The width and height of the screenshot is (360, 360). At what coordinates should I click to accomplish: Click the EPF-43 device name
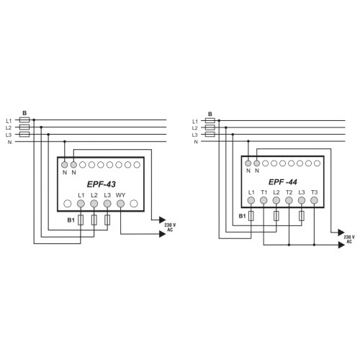(101, 184)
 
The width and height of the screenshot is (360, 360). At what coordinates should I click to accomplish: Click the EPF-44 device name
(283, 182)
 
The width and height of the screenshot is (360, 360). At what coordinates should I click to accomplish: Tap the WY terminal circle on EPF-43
(120, 204)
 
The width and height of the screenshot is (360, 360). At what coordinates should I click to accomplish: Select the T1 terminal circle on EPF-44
(264, 200)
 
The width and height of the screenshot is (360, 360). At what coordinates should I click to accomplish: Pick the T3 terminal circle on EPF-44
(314, 200)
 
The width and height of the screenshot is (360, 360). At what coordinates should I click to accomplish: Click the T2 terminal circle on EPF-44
(289, 200)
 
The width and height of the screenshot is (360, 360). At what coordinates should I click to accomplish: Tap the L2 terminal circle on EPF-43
(94, 204)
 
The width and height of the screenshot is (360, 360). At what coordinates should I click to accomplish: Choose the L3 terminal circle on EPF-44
(302, 200)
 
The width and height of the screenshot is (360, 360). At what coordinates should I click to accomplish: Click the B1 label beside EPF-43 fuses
(71, 220)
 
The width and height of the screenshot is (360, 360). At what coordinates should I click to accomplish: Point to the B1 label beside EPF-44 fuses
(242, 216)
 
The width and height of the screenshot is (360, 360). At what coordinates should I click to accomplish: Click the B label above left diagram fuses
(24, 113)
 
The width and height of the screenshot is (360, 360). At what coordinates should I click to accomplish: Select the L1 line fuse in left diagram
(24, 120)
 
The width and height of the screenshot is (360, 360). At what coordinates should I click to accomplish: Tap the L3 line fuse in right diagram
(210, 134)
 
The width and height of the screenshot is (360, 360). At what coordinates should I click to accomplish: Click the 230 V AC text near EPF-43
(170, 228)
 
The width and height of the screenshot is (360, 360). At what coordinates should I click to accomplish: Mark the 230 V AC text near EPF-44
(349, 239)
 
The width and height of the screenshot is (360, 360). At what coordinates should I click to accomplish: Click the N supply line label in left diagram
(9, 142)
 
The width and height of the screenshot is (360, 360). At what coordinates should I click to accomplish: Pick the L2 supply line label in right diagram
(195, 128)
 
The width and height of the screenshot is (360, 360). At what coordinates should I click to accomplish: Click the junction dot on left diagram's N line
(64, 142)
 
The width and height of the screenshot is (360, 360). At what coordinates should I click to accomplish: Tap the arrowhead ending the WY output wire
(163, 234)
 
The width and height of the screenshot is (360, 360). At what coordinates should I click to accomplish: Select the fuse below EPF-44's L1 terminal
(251, 216)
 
